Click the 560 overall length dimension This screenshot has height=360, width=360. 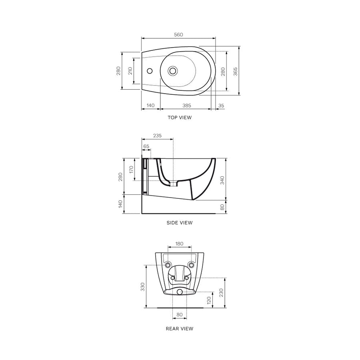coord(178,35)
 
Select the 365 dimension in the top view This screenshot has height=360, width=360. coord(236,71)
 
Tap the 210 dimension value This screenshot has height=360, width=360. coord(130,71)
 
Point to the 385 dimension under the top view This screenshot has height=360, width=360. coord(186,105)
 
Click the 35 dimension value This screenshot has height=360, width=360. coord(222,105)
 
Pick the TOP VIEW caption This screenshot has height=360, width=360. coord(180,118)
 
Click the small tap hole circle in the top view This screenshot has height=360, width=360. coord(150,71)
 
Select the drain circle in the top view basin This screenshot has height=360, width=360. coord(173,71)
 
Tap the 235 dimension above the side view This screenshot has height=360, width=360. coord(157,136)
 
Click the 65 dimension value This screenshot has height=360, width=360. coord(146,146)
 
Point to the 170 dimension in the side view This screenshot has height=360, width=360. coord(131,169)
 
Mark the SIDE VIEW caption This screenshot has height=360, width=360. coord(180,223)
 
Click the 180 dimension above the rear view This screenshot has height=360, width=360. coord(180,244)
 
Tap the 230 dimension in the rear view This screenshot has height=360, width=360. coord(221,293)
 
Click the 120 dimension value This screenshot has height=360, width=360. coord(208,300)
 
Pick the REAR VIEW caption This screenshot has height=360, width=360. coord(180,329)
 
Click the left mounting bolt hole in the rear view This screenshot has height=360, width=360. coord(168,265)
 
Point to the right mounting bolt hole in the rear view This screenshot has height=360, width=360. coord(192,265)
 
